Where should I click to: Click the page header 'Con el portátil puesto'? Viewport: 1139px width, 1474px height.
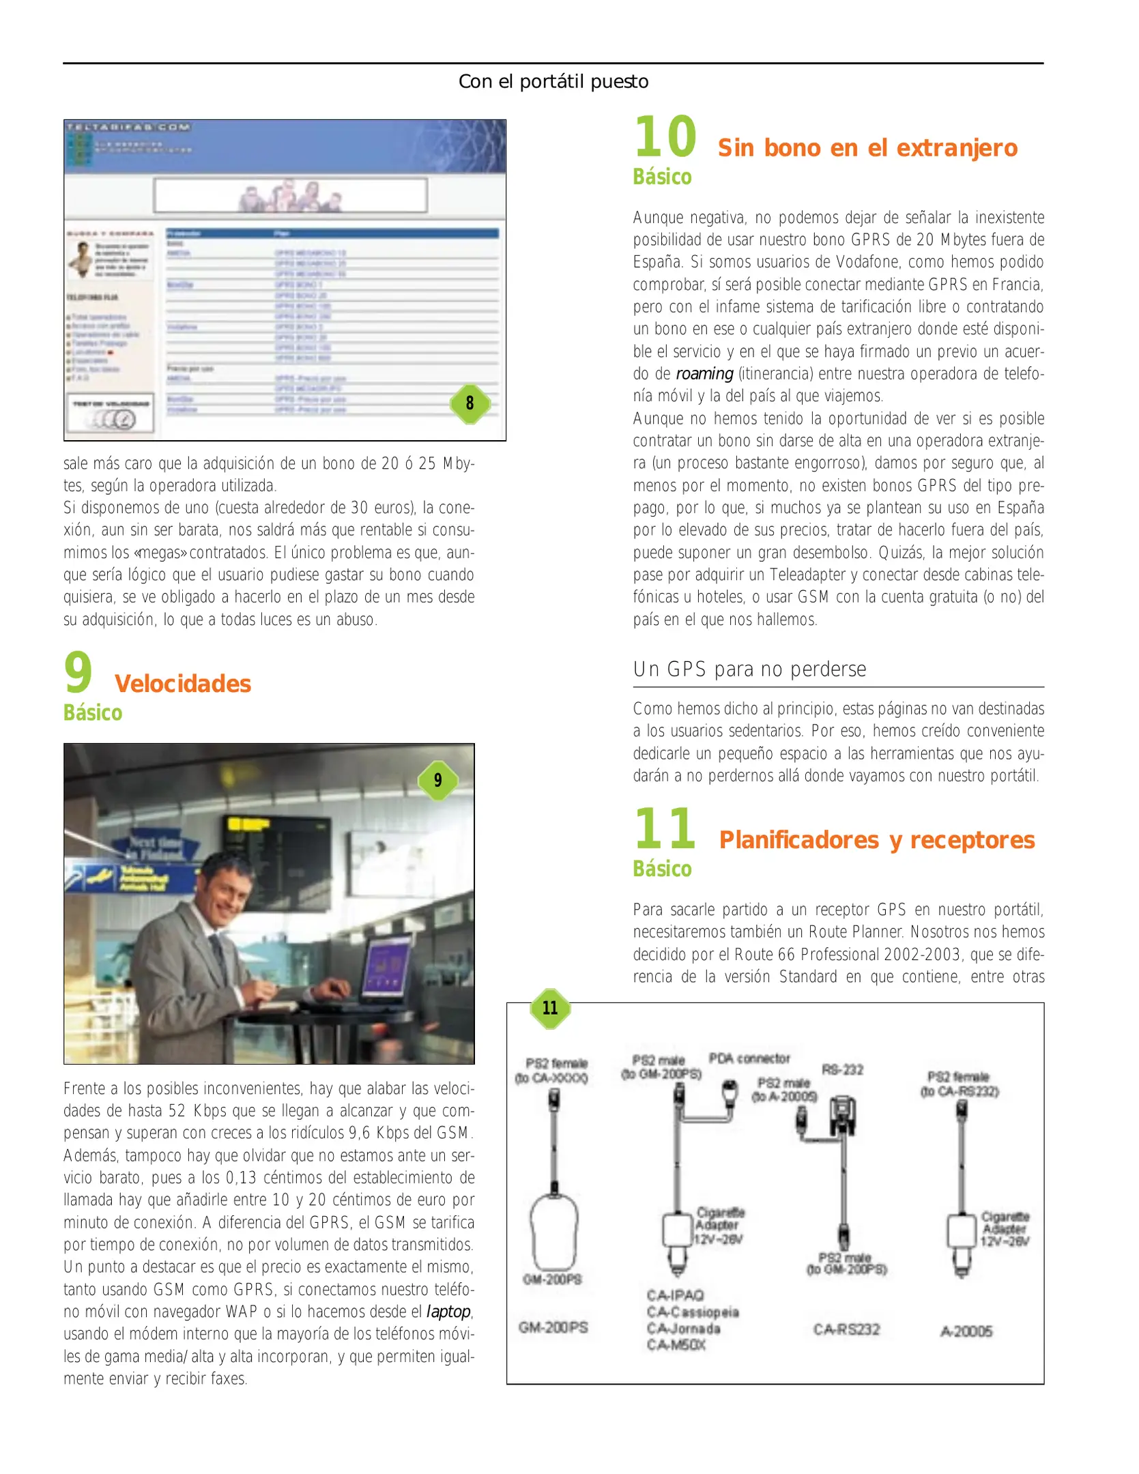[553, 82]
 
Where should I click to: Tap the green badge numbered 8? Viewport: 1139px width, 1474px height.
[470, 403]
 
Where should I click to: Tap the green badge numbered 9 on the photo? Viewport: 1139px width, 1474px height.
[437, 780]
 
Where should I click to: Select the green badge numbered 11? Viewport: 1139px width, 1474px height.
[550, 1008]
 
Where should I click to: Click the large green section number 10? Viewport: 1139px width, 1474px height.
[665, 137]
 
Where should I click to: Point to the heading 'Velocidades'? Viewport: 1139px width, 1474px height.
[183, 684]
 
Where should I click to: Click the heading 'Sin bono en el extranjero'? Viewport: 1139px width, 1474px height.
[867, 148]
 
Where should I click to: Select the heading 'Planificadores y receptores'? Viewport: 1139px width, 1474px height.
[876, 840]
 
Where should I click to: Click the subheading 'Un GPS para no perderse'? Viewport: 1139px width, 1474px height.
[749, 669]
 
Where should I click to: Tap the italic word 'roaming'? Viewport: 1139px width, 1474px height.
[704, 374]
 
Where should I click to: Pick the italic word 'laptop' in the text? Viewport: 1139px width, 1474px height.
[448, 1312]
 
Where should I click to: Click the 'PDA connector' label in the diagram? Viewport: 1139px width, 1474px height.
[749, 1058]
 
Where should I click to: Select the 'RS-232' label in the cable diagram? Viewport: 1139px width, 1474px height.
[842, 1069]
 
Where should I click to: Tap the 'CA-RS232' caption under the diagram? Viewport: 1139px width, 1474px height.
[846, 1329]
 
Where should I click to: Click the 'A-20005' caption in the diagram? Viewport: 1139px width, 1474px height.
[966, 1331]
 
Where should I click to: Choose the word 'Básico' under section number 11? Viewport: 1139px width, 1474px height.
[662, 869]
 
